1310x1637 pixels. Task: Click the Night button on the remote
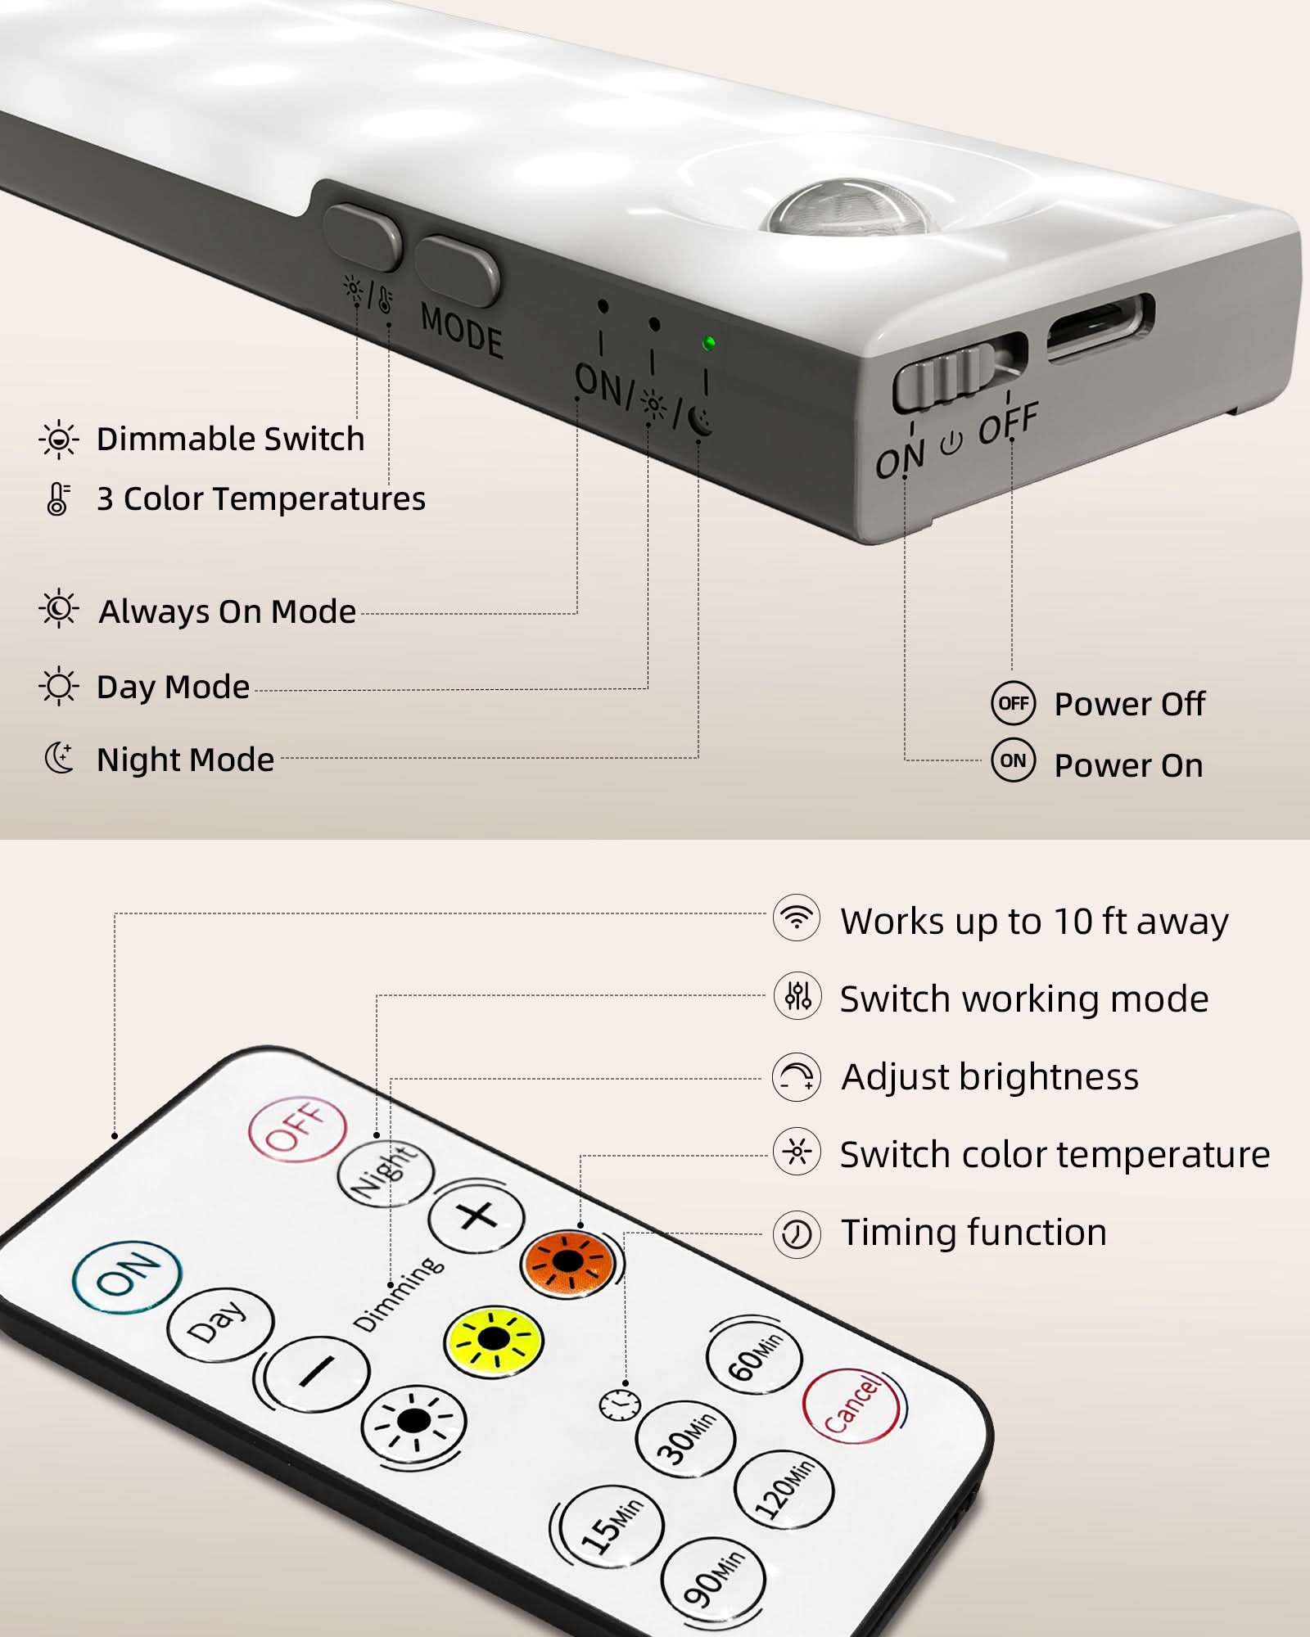pyautogui.click(x=385, y=1173)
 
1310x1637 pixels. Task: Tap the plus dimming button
pyautogui.click(x=477, y=1216)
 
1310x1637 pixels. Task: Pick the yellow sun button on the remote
pyautogui.click(x=494, y=1342)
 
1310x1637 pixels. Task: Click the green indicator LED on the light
pyautogui.click(x=709, y=343)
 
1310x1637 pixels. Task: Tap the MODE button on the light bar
pyautogui.click(x=457, y=270)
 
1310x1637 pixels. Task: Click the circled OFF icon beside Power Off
pyautogui.click(x=1014, y=703)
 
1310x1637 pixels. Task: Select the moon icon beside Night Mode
pyautogui.click(x=59, y=758)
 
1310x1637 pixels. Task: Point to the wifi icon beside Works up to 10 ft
pyautogui.click(x=796, y=918)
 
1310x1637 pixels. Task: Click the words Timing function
pyautogui.click(x=973, y=1232)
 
